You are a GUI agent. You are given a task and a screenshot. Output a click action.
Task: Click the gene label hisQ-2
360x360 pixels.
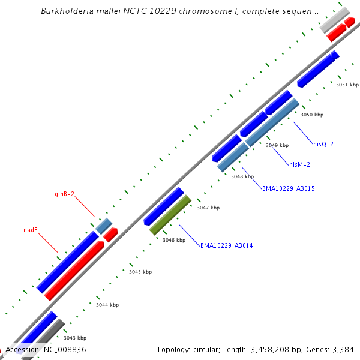[x=323, y=144]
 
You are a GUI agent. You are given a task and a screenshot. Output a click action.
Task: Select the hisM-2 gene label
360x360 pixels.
[x=299, y=164]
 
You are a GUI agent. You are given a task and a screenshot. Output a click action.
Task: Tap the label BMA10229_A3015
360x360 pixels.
[x=288, y=188]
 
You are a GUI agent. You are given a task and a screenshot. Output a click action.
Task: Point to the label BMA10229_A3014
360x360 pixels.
[x=226, y=245]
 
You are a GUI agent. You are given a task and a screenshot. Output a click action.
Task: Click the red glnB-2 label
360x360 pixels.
[x=65, y=194]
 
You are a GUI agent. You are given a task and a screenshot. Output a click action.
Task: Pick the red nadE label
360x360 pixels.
[x=31, y=230]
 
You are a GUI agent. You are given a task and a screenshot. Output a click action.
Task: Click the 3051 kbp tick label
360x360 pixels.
[x=347, y=85]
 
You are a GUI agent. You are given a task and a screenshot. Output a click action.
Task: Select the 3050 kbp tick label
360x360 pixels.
[x=312, y=115]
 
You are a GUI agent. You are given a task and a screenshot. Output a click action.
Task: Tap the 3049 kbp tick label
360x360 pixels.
[x=277, y=145]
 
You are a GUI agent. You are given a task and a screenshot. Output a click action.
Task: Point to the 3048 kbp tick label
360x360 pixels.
[x=242, y=176]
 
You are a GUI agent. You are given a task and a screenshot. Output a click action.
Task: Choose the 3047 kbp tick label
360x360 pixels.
[x=208, y=208]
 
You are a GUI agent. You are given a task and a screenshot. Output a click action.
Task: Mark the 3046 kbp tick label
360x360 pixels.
[x=174, y=240]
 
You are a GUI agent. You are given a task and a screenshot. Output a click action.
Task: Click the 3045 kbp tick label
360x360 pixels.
[x=140, y=272]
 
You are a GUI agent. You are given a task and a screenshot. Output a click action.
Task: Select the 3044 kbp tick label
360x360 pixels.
[x=107, y=305]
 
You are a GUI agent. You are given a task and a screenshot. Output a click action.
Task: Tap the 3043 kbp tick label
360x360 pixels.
[x=75, y=338]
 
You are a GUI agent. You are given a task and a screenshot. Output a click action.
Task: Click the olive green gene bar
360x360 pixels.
[x=170, y=215]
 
